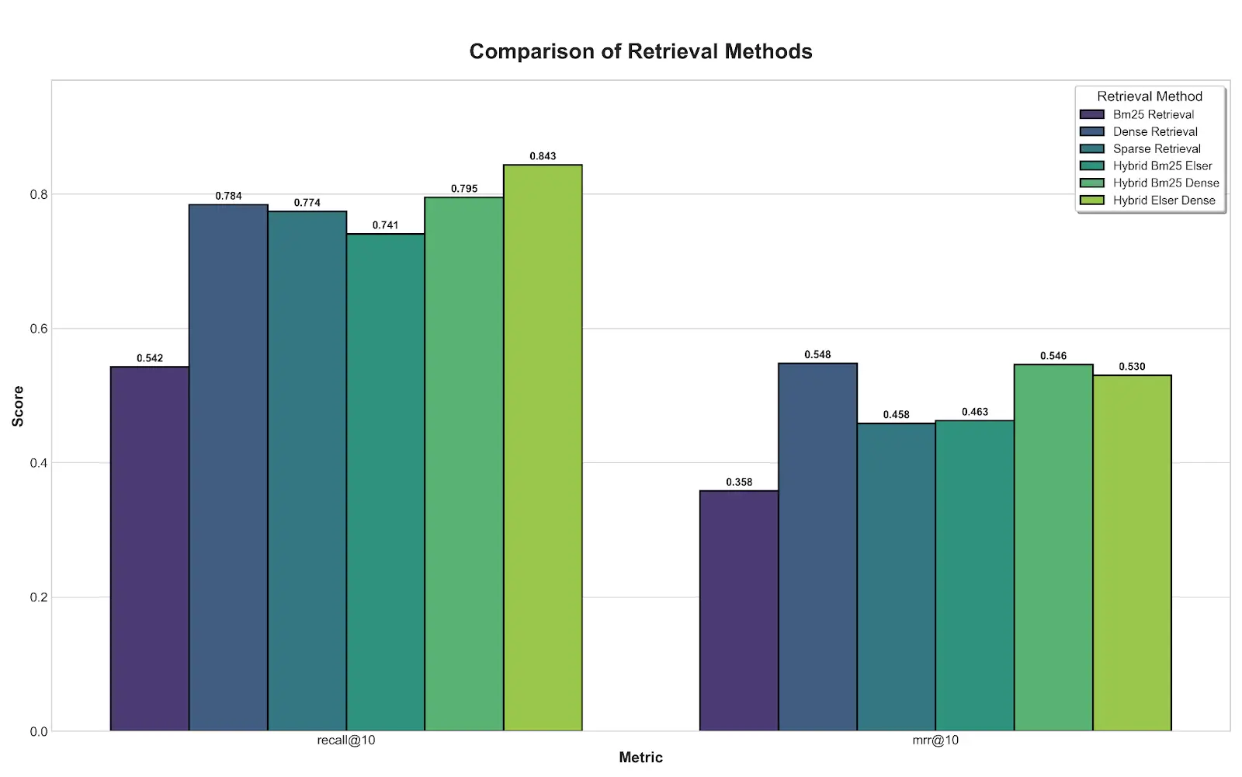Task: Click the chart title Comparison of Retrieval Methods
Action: coord(640,51)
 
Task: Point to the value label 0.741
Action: coord(385,225)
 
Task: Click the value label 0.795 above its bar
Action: coord(464,189)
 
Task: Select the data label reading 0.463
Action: coord(975,412)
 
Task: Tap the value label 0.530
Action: coord(1132,367)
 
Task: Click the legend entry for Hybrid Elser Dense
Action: coord(1164,200)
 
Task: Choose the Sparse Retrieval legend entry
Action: coord(1157,149)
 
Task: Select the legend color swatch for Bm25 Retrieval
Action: coord(1091,115)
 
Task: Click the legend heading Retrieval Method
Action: coord(1149,96)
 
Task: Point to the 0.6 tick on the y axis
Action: coord(39,329)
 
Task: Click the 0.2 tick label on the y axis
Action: coord(39,598)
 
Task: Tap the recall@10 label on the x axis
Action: coord(346,740)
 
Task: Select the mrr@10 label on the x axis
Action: coord(935,740)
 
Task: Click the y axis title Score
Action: coord(18,406)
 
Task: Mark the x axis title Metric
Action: coord(640,758)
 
